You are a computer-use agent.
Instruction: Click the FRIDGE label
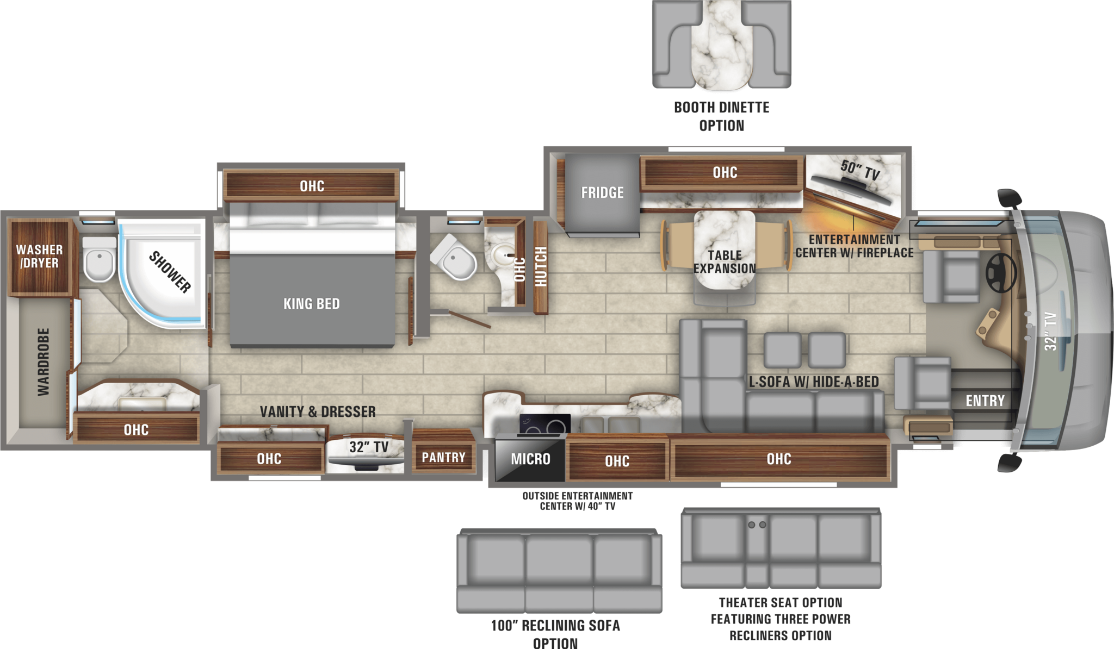602,193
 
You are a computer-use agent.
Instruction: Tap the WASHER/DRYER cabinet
40,257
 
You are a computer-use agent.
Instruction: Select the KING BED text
312,304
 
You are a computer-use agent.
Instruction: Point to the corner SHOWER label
170,272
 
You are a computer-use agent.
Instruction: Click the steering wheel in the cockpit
1001,273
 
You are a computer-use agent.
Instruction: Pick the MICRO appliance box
530,460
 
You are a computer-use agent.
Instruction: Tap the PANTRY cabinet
443,458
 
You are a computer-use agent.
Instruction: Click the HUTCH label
541,266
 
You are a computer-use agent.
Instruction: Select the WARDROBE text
44,361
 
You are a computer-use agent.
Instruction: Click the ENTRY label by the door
985,401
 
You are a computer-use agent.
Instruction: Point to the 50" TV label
860,170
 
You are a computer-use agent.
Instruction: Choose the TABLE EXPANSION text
725,262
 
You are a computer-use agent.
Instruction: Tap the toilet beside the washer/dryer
99,260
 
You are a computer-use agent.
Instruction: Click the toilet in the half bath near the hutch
456,259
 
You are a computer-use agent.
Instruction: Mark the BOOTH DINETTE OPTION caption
721,116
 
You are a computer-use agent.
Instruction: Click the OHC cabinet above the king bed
312,186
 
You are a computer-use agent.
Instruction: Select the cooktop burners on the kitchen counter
544,425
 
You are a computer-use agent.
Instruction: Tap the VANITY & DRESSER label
318,412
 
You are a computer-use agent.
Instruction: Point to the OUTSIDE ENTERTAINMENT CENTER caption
577,501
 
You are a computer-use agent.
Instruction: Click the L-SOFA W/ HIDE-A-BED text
814,382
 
